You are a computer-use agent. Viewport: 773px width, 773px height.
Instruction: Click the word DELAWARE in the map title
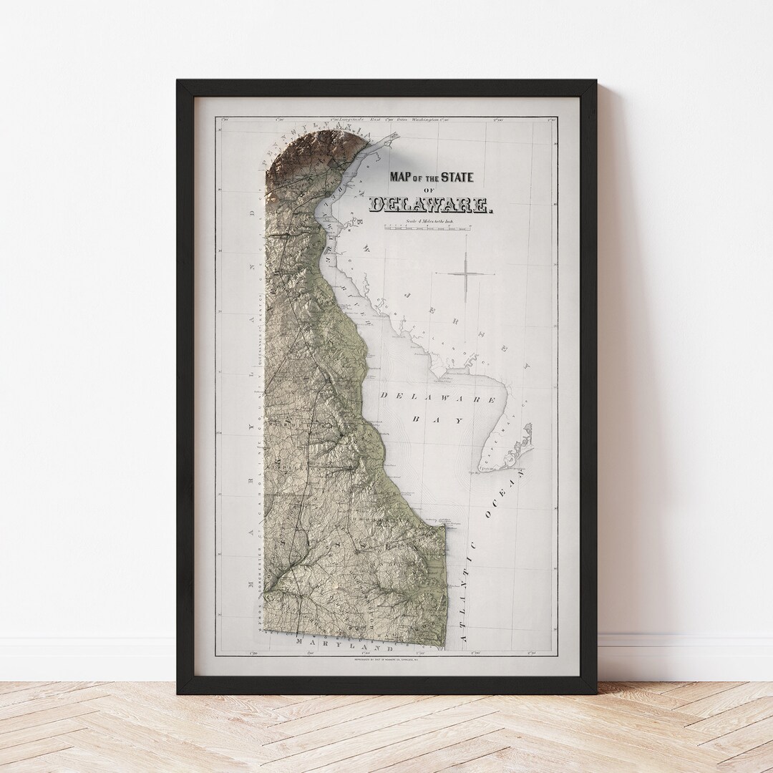[x=431, y=205]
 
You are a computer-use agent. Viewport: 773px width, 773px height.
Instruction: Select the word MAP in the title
[x=401, y=177]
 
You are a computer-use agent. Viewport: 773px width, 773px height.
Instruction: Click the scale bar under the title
[x=429, y=227]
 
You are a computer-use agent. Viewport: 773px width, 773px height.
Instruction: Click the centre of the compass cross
[x=466, y=273]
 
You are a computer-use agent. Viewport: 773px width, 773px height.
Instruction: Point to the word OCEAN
[x=505, y=493]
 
